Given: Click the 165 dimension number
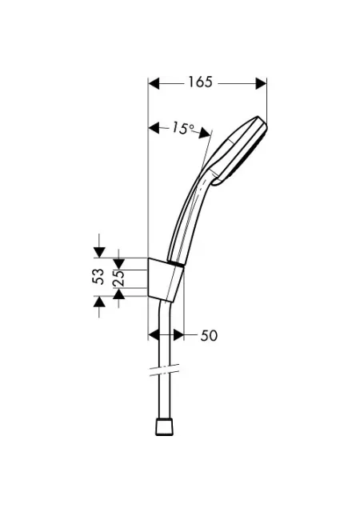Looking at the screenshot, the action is point(200,82).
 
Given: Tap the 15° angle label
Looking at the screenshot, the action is point(183,128).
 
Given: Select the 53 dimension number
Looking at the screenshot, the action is point(98,277).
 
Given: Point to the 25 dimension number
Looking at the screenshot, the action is point(118,278).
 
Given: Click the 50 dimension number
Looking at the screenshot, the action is point(209,336).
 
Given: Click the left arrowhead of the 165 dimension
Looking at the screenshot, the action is point(154,83).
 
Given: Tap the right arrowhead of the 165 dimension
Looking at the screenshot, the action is point(261,83).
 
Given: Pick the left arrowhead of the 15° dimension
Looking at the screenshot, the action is point(154,128).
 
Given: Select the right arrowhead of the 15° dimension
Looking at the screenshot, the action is point(205,133).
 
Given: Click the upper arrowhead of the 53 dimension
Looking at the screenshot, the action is point(99,253).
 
